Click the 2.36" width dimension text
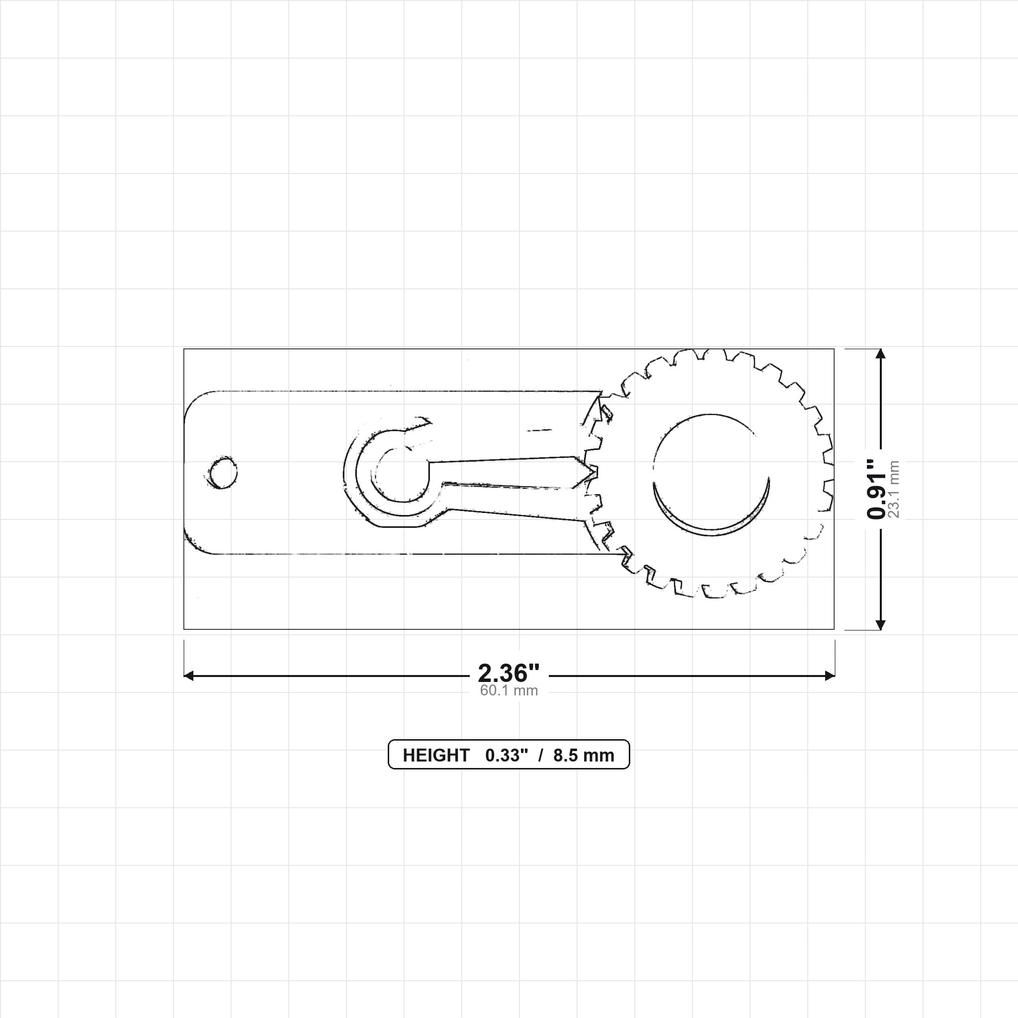509,674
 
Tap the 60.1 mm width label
509,691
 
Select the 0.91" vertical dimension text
877,489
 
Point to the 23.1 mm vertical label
894,490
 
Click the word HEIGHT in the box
436,756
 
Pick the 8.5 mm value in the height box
583,756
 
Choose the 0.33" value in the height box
507,756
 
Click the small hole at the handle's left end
222,473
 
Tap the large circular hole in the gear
711,474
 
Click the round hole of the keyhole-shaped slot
402,474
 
